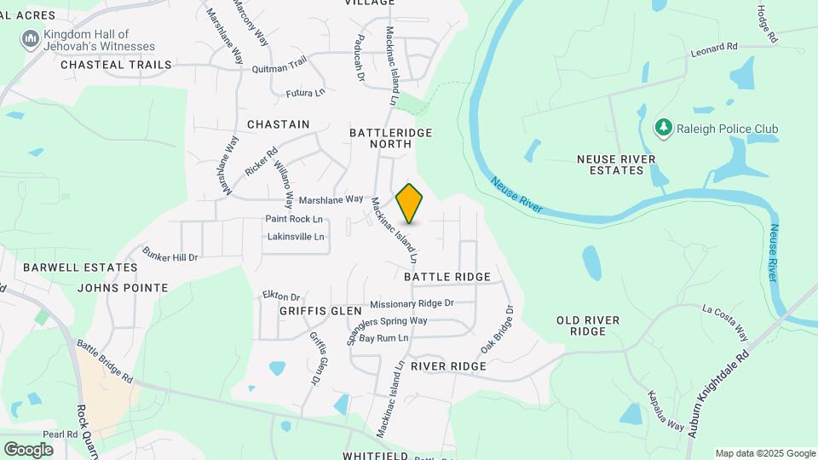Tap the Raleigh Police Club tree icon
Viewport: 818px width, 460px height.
[662, 129]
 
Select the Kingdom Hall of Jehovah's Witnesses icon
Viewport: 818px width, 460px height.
[31, 39]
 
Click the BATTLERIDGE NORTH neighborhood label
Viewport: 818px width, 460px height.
[391, 139]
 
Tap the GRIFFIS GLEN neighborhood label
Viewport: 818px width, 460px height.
[320, 311]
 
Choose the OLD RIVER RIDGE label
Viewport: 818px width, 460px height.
[599, 325]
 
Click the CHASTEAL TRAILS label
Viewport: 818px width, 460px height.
[116, 65]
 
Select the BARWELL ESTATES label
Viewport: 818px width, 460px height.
[80, 267]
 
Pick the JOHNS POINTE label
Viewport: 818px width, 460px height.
[123, 288]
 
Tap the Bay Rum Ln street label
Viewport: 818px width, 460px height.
[383, 338]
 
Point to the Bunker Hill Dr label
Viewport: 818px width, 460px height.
[170, 256]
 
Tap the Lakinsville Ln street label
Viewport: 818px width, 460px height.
[296, 236]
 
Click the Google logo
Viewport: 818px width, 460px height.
[28, 449]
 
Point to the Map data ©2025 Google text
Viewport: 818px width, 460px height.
[765, 453]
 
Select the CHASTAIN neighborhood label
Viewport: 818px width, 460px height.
[278, 124]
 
